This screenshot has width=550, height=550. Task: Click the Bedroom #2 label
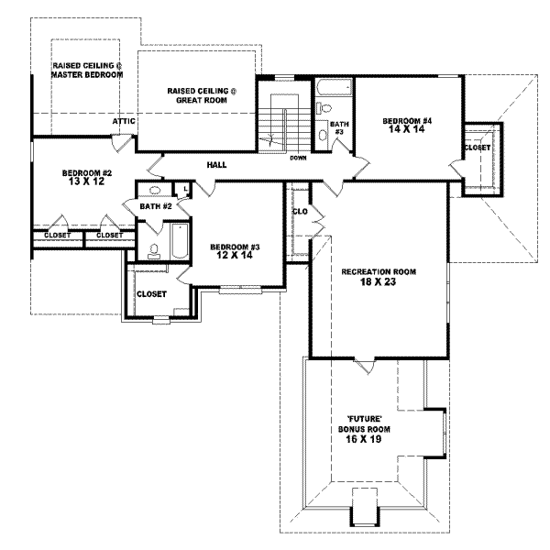[87, 178]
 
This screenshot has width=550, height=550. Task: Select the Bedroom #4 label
[407, 126]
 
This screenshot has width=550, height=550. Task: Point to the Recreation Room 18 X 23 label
[379, 277]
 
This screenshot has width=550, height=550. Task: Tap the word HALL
[216, 165]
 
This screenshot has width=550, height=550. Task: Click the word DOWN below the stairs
[298, 157]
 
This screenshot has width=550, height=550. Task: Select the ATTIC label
[125, 120]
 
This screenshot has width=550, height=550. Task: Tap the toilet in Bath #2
[154, 248]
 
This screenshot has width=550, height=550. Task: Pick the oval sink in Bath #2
[155, 191]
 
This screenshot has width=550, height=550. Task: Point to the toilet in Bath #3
[324, 134]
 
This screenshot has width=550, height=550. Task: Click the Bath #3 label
[338, 127]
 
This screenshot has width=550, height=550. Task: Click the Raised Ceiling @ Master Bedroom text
[87, 70]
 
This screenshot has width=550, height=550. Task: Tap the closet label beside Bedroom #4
[477, 148]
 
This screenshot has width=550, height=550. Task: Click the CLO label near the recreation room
[300, 211]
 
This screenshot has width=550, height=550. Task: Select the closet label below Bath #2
[150, 293]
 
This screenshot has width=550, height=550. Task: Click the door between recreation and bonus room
[367, 366]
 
